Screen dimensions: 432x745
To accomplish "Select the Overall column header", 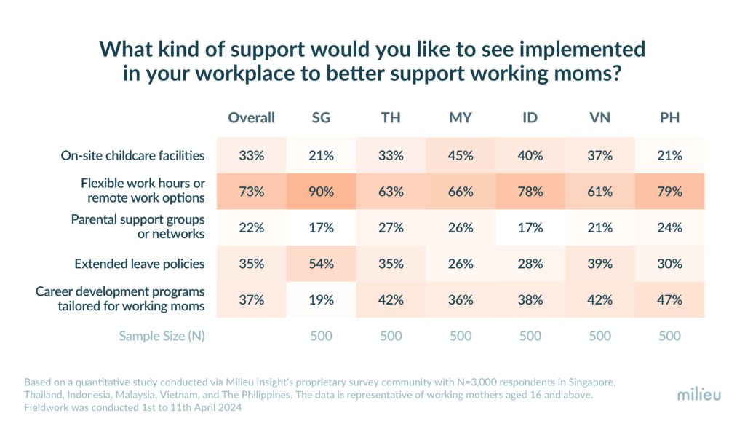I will pyautogui.click(x=251, y=118).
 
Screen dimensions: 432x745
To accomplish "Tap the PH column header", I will pyautogui.click(x=669, y=118).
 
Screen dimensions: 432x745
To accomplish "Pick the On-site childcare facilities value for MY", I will pyautogui.click(x=460, y=155).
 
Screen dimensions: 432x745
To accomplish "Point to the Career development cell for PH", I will pyautogui.click(x=669, y=299).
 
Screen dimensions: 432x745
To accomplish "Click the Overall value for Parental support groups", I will pyautogui.click(x=251, y=227).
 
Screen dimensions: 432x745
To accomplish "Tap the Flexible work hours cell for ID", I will pyautogui.click(x=530, y=192).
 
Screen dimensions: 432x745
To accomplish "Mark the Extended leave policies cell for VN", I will pyautogui.click(x=599, y=264).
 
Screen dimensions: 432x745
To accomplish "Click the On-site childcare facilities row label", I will pyautogui.click(x=132, y=155).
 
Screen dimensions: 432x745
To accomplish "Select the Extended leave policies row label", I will pyautogui.click(x=140, y=264).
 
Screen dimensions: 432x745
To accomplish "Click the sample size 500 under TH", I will pyautogui.click(x=390, y=336).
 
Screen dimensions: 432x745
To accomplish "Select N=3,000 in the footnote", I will pyautogui.click(x=413, y=381).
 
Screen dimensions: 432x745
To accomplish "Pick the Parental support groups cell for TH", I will pyautogui.click(x=390, y=227).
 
